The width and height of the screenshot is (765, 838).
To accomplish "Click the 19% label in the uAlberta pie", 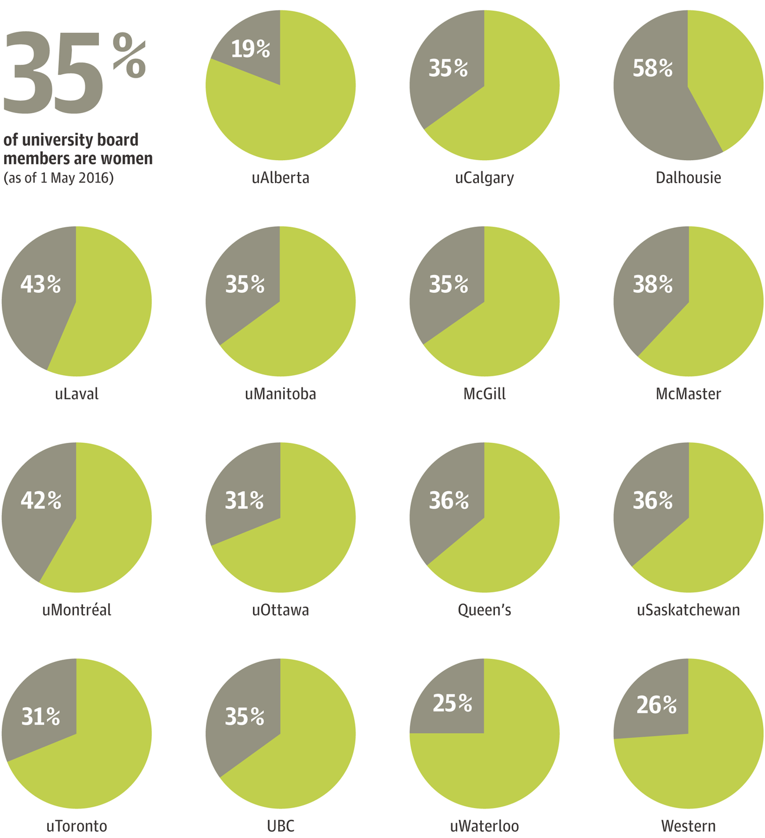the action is tap(251, 49).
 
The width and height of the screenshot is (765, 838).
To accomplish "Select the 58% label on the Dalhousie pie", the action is tap(653, 68).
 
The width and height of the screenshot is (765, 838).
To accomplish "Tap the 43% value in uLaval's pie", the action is tap(41, 284).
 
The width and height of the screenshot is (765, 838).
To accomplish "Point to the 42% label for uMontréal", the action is tap(41, 500).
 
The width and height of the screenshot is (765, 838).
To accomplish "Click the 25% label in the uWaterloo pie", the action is tap(453, 703).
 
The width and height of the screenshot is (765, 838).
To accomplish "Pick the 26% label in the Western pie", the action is tap(657, 705).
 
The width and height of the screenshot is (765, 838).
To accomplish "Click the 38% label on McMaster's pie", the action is tap(653, 284).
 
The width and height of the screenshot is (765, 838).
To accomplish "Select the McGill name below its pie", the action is tap(484, 393).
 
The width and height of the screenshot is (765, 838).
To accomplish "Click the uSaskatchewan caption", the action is tap(688, 610).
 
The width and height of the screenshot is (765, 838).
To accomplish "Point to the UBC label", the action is tap(281, 826).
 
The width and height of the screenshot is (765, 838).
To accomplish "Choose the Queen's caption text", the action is tap(484, 610).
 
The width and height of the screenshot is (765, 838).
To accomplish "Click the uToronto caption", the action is tap(76, 826).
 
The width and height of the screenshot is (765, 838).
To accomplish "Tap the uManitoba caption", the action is tap(281, 393).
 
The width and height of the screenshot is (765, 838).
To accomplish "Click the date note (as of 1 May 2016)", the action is tap(58, 178).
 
